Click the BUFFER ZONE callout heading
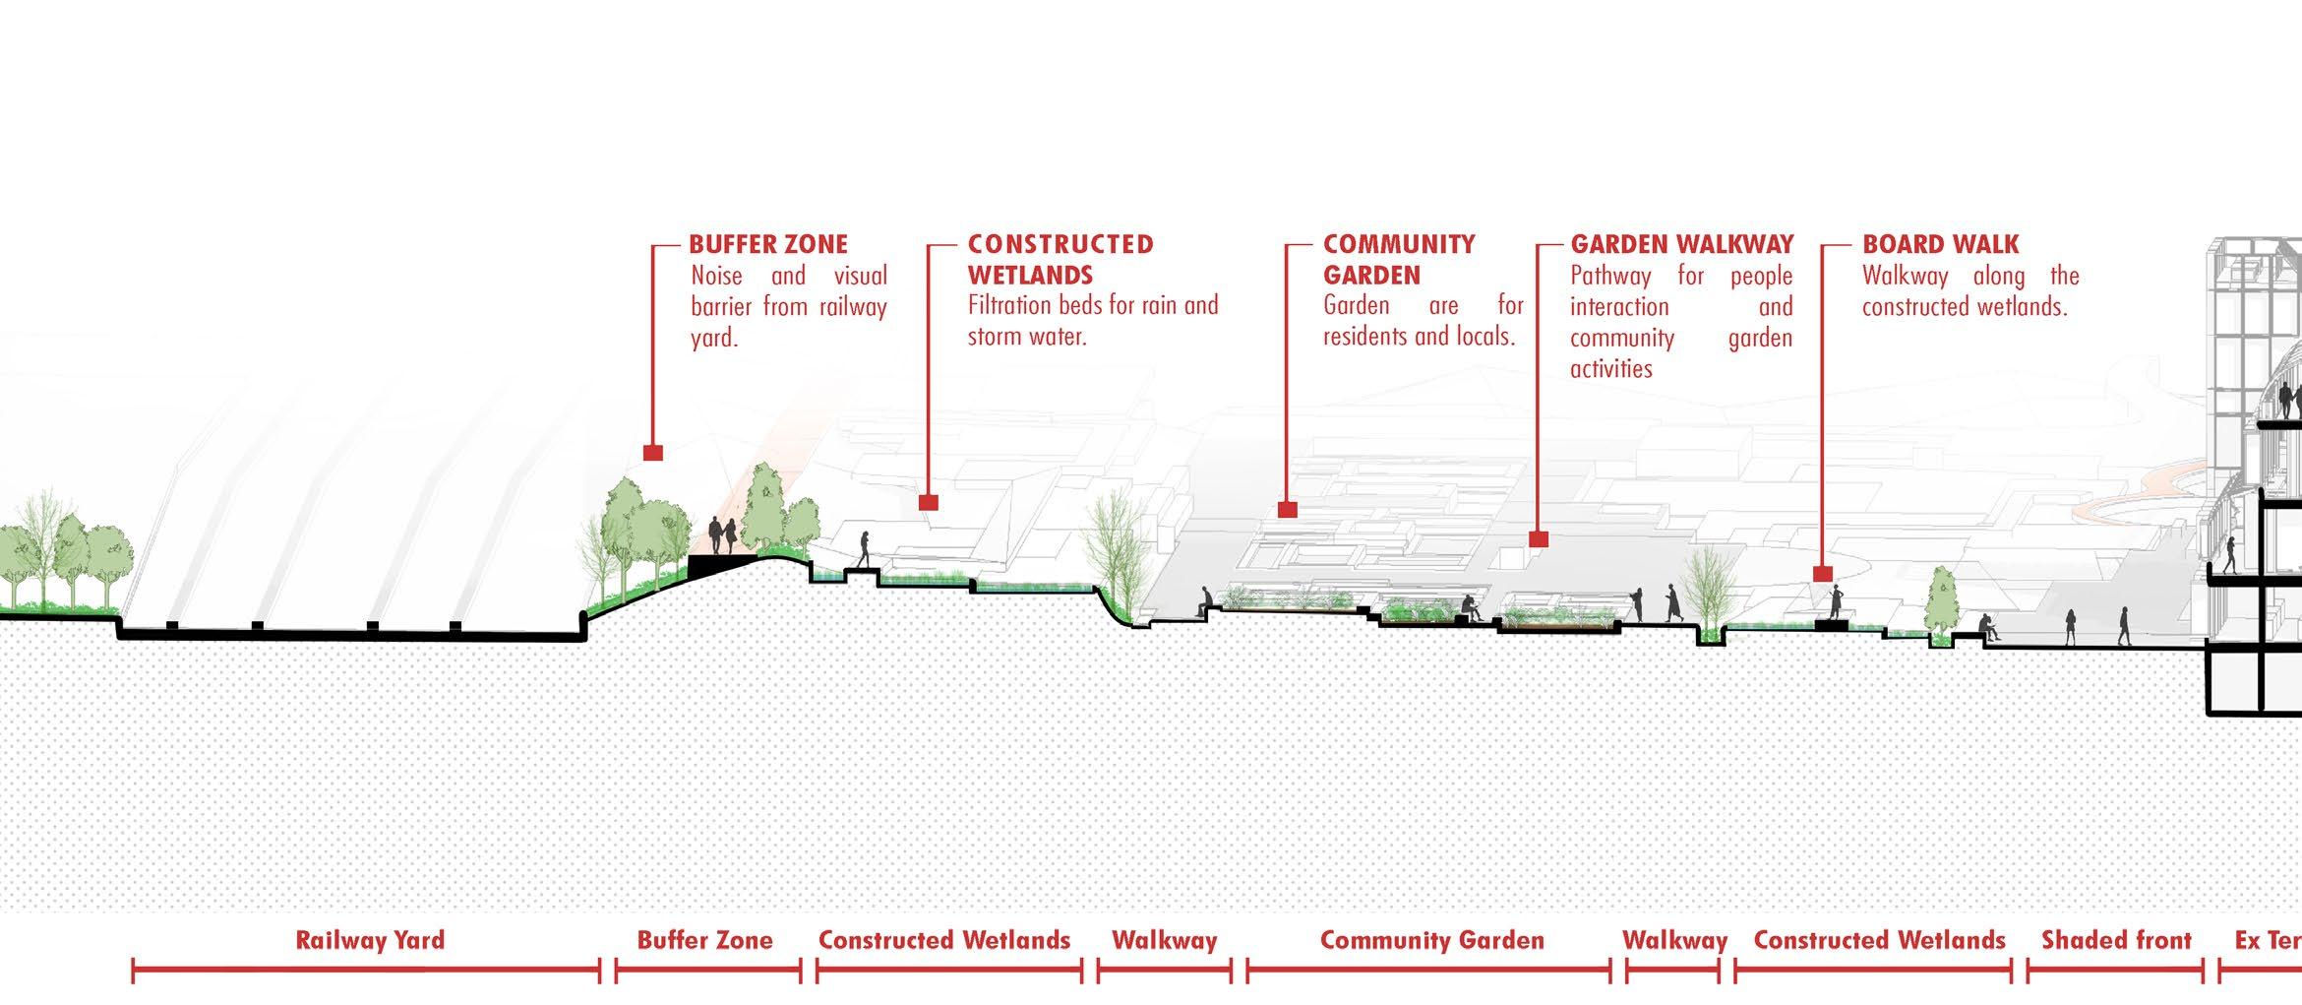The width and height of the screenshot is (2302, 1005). point(767,244)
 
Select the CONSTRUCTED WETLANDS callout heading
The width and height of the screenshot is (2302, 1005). point(1060,259)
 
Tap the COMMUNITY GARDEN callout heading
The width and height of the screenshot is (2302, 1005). point(1398,259)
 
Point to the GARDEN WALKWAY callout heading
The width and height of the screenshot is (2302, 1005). point(1681,244)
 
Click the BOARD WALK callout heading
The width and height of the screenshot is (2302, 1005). point(1940,244)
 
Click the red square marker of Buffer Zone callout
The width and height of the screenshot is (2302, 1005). point(652,453)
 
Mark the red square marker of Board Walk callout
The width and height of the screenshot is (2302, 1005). point(1822,574)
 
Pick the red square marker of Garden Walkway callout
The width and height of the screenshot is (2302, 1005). point(1539,539)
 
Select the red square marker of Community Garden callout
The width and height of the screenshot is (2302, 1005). point(1287,510)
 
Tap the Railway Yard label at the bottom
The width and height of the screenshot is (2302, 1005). point(370,940)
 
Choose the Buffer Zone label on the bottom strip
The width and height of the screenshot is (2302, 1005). point(704,940)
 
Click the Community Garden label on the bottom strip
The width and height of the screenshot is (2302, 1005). point(1431,940)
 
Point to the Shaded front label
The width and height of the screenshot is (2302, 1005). point(2116,940)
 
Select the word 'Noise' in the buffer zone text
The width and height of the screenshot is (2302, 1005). point(716,276)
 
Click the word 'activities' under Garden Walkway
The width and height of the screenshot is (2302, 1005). point(1610,369)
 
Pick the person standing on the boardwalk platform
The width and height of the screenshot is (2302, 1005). point(1834,601)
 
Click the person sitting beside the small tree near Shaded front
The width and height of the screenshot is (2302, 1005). point(1986,627)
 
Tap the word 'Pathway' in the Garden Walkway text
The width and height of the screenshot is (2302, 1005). point(1610,276)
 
